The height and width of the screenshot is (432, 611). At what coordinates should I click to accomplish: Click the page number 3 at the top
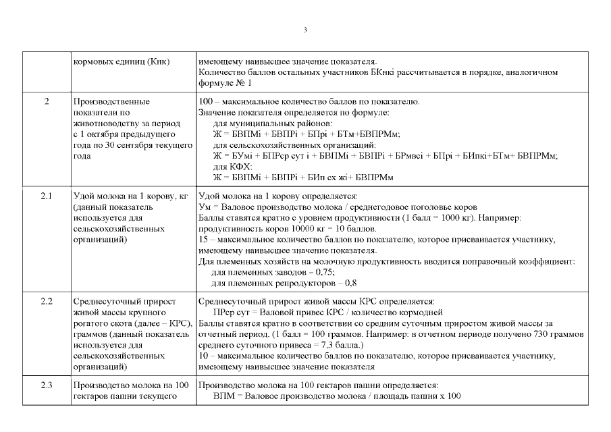pyautogui.click(x=305, y=30)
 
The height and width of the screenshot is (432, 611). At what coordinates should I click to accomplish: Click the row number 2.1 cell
pyautogui.click(x=47, y=196)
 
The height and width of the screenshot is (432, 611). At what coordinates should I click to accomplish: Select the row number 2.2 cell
pyautogui.click(x=47, y=300)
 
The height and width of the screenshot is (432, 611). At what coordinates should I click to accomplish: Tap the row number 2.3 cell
pyautogui.click(x=47, y=385)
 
